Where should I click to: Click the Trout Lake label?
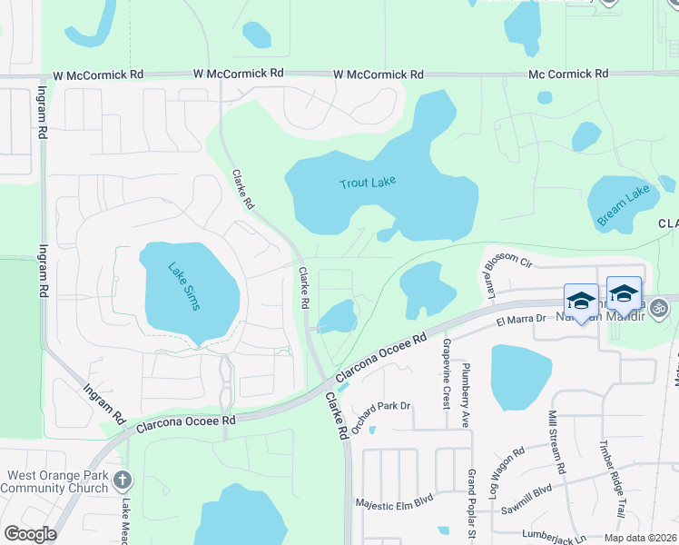[368, 183]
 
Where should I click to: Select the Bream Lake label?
[625, 205]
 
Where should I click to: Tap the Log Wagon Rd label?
[506, 464]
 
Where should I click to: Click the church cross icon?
[124, 480]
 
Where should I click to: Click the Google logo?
[30, 534]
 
